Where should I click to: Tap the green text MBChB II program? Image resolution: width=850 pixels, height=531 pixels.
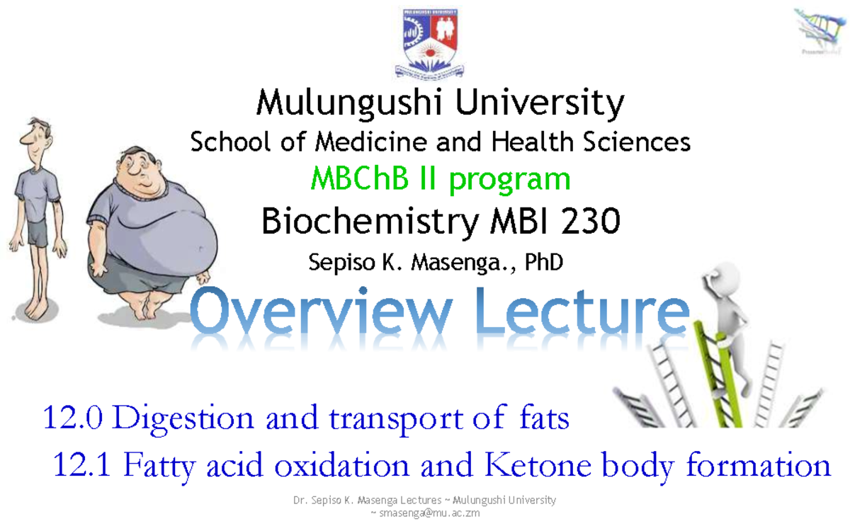pos(441,178)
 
